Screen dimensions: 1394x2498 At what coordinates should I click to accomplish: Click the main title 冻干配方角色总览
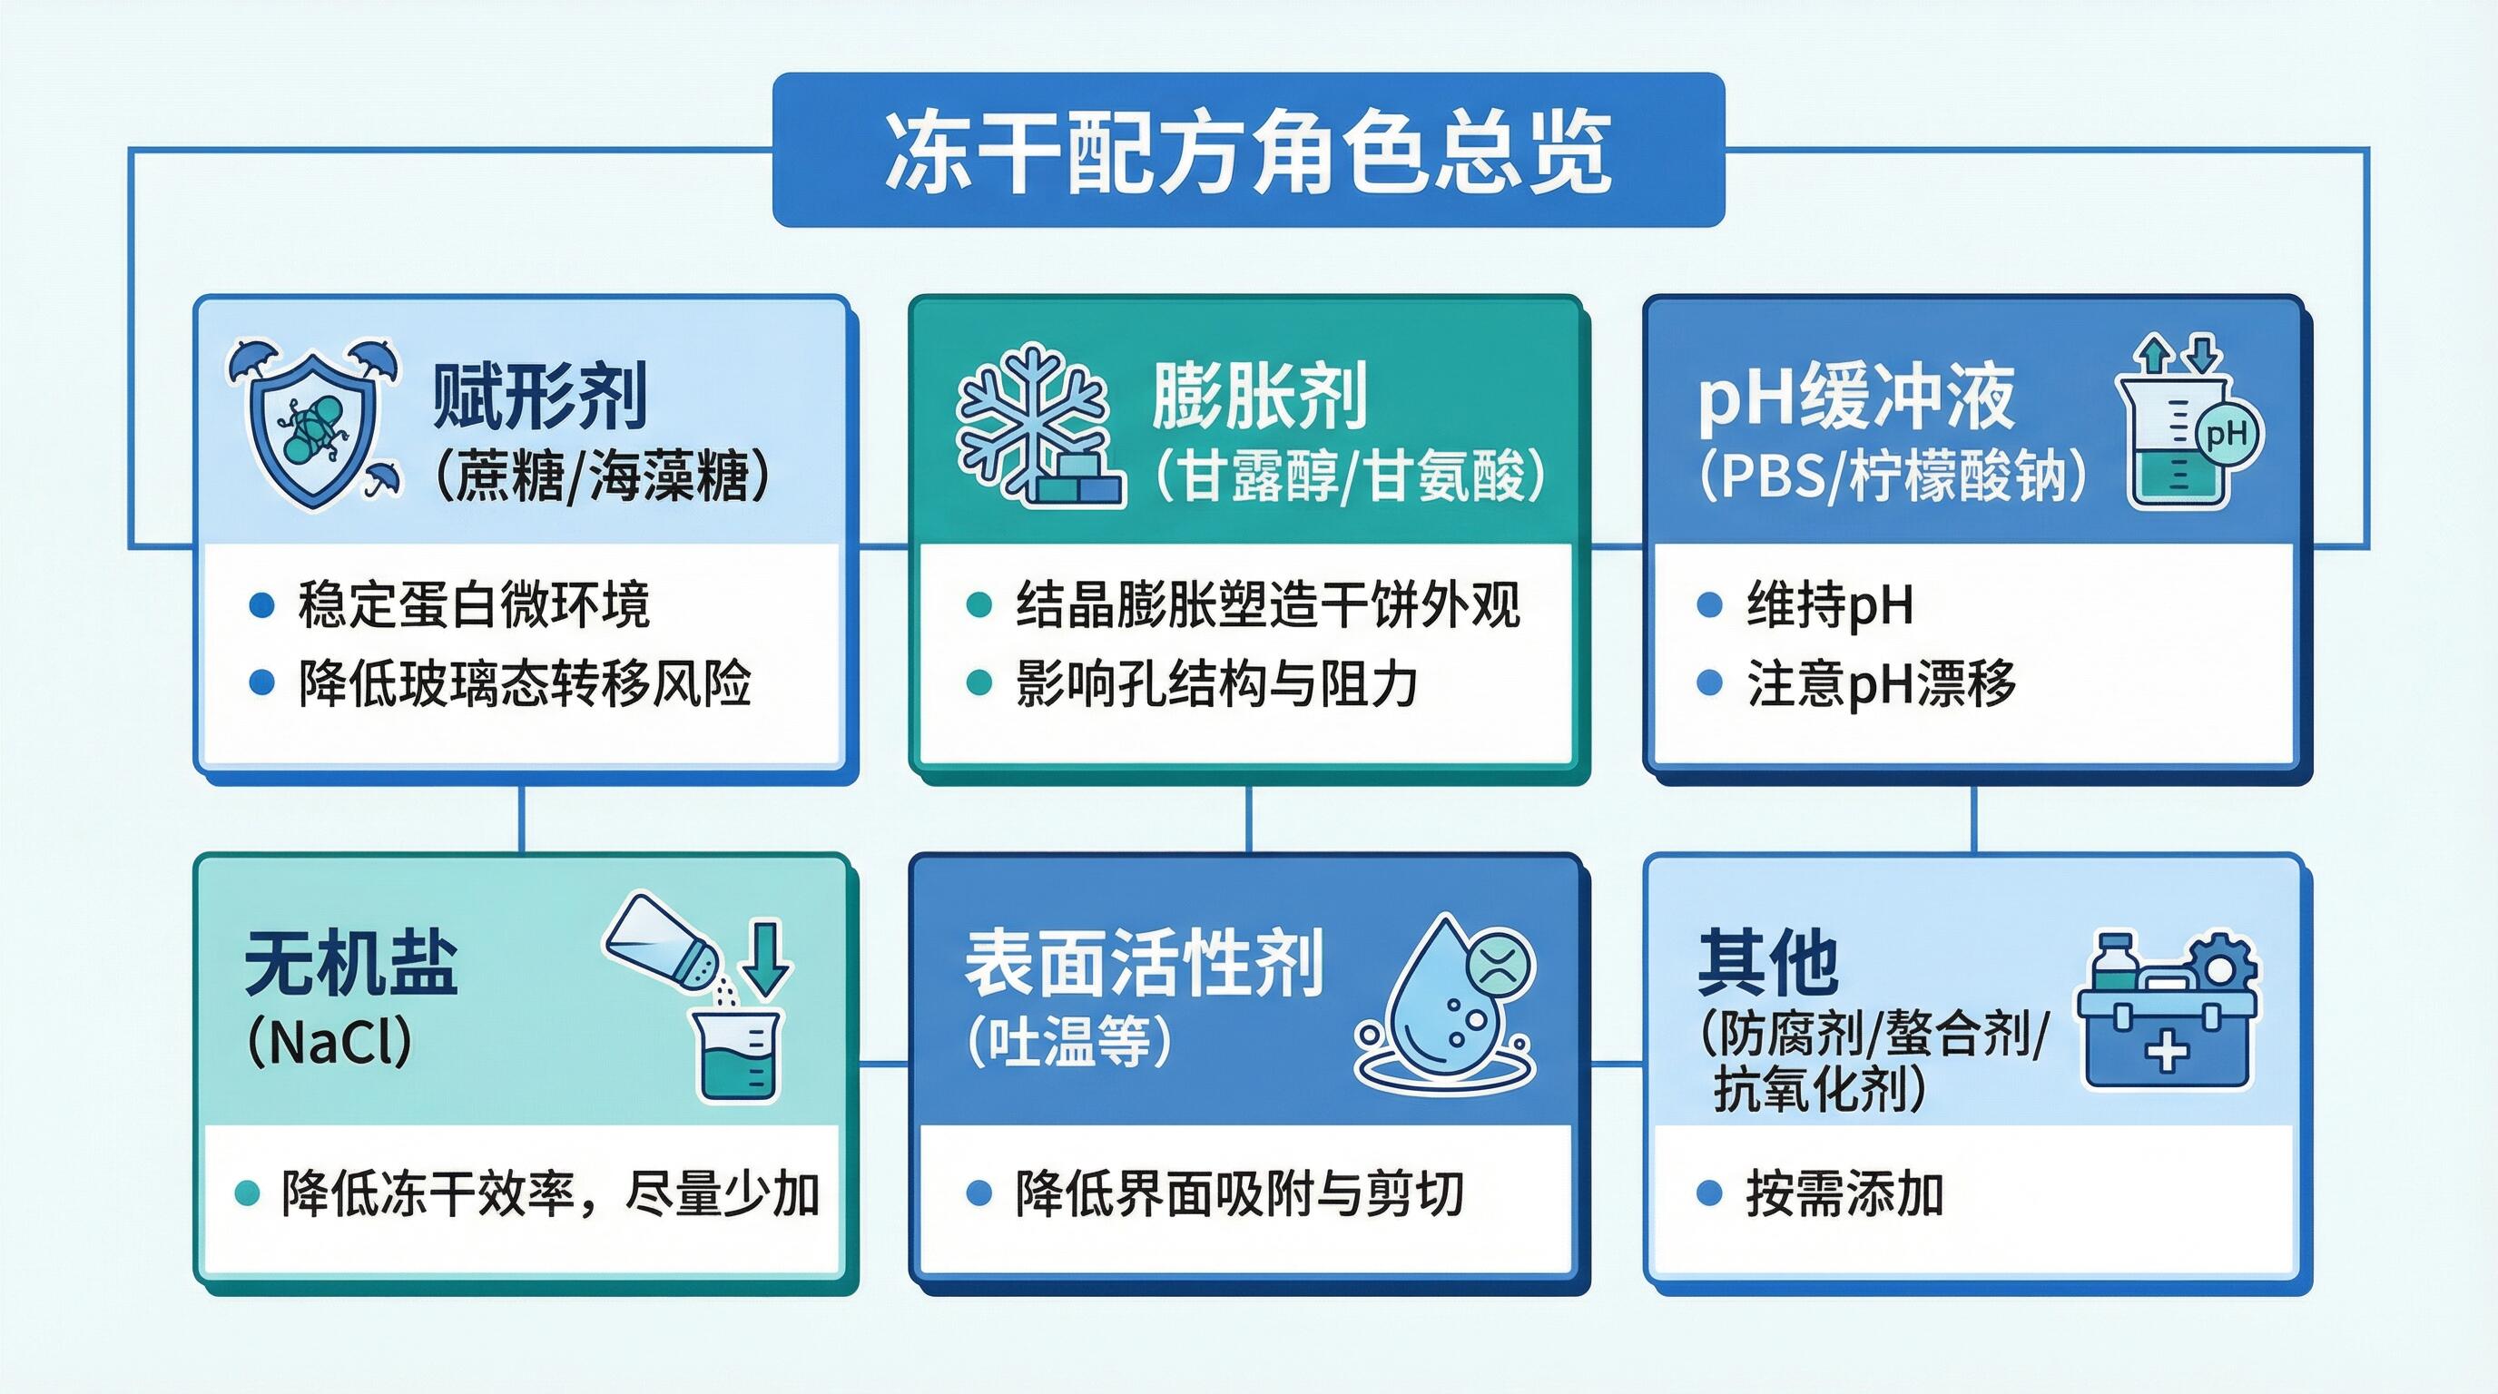pos(1248,153)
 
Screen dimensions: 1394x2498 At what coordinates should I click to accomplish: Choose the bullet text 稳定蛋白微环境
pos(473,605)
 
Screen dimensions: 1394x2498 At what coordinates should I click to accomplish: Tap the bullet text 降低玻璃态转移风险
pos(524,683)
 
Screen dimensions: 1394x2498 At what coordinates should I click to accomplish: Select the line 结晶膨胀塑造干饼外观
pos(1267,605)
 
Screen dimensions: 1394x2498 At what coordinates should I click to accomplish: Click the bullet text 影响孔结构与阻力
pos(1216,683)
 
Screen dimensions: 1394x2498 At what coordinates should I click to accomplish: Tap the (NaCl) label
pos(329,1042)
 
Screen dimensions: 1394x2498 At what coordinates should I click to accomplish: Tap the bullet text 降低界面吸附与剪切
pos(1238,1193)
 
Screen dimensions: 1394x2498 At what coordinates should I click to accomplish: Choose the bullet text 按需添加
pos(1844,1193)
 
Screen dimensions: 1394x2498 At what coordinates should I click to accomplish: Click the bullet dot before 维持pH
pos(1708,605)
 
